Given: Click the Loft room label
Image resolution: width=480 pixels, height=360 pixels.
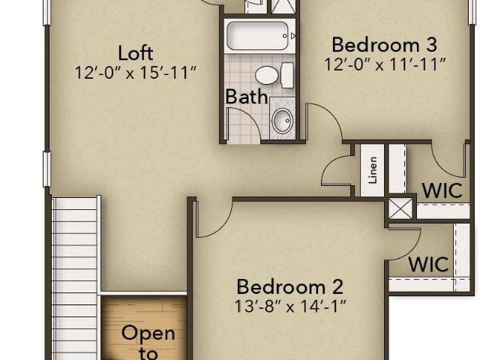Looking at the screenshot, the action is point(135,53).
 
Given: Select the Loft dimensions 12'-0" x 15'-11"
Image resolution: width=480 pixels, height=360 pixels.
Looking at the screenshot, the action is point(135,73).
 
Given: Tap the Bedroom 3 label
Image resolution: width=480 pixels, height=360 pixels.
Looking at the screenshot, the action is point(385,45).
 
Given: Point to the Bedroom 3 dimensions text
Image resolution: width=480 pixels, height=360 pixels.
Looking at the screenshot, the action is point(385,64).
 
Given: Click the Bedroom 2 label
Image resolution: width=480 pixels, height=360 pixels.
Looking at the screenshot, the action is point(290,286).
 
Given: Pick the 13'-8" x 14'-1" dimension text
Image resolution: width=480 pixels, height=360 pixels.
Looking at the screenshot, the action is point(290,306).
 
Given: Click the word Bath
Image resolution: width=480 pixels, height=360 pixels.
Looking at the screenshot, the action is point(247,97).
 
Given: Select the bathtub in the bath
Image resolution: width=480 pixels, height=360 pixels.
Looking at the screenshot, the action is point(258,36).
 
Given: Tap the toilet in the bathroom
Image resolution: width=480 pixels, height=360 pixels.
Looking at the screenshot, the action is point(274,75).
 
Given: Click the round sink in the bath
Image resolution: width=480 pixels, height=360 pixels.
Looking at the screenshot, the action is point(283,120).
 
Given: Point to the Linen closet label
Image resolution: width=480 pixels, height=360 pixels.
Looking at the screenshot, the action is point(373,170).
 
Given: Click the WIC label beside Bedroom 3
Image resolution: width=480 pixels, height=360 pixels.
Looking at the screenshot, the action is point(442,190).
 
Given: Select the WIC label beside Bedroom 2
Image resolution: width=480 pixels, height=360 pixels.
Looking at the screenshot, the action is point(428,264).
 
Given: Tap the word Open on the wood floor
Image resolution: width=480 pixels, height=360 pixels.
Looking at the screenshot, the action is point(148,333).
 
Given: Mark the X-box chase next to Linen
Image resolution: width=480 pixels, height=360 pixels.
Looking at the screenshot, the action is point(400,208).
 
